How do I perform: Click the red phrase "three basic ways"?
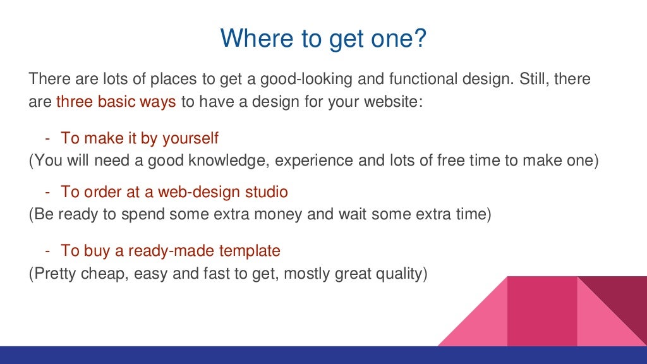click(x=116, y=102)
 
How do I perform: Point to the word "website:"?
click(x=390, y=102)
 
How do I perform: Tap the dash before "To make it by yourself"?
click(x=47, y=138)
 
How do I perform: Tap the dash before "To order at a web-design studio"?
click(x=47, y=191)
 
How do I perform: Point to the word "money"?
click(x=277, y=214)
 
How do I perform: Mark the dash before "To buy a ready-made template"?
click(x=47, y=250)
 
